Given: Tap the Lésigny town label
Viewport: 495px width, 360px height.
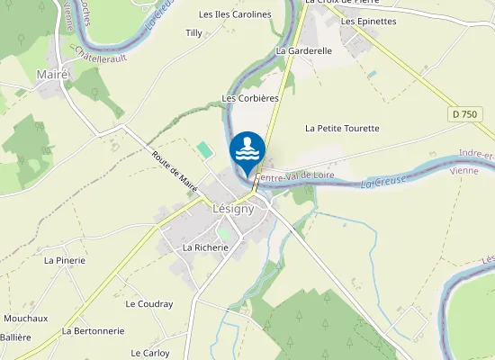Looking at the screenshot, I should tap(233, 208).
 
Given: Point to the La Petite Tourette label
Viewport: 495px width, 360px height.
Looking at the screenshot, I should tap(342, 129).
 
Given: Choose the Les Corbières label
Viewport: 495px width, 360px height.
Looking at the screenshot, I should tap(250, 97).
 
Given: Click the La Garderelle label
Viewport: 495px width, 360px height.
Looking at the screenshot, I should tap(304, 51).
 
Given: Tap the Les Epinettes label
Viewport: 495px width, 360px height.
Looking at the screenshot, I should tap(369, 21).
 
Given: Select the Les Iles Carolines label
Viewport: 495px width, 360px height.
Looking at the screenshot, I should tap(235, 15).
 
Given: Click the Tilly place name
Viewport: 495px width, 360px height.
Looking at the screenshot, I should tap(193, 33).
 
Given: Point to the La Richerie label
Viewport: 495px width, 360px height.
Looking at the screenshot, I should tap(202, 247).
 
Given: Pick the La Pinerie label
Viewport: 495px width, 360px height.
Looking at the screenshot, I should tap(65, 260).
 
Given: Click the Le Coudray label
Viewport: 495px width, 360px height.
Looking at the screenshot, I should tap(149, 304).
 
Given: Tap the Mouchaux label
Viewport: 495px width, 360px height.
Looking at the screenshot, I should tap(25, 319).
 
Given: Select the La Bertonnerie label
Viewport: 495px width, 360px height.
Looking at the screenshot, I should tap(93, 331).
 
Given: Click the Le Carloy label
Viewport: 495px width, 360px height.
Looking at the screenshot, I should tap(150, 353).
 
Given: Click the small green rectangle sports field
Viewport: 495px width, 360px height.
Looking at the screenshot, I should tap(206, 148).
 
